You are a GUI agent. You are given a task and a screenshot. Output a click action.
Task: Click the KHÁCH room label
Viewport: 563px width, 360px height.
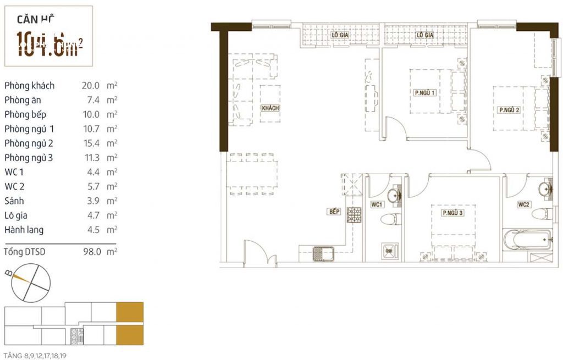271,108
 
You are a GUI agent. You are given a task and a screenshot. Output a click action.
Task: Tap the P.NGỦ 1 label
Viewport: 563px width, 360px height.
425,93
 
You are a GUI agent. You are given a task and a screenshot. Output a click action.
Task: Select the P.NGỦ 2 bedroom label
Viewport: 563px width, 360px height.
509,110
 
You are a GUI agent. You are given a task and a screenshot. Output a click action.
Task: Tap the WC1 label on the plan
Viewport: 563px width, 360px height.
377,205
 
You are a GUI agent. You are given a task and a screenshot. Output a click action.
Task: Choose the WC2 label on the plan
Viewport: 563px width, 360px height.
523,205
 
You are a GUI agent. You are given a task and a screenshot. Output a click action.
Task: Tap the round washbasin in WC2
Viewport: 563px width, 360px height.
546,189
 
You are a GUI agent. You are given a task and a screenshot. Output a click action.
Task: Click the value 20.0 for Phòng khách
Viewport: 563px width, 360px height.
90,86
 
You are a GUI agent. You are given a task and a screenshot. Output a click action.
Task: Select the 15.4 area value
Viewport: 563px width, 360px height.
90,143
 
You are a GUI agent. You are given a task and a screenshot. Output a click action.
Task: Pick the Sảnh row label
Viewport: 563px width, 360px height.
15,201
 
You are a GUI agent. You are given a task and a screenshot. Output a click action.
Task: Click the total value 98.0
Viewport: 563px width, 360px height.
90,251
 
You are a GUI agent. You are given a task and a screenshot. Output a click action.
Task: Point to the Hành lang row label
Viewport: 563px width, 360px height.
24,230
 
